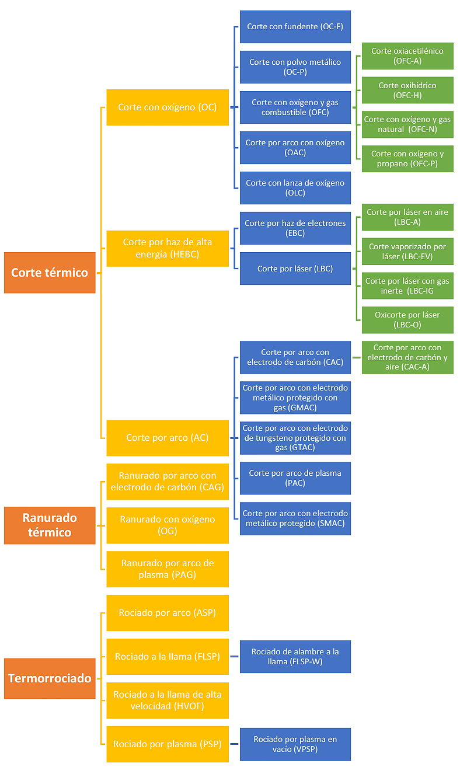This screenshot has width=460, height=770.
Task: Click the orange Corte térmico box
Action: [50, 273]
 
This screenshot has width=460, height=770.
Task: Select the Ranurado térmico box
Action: [50, 525]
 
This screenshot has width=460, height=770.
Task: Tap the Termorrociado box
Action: [50, 678]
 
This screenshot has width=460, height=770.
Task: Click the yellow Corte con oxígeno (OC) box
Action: [168, 107]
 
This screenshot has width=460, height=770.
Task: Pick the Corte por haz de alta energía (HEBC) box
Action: [168, 248]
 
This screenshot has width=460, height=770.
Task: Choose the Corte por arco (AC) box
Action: [168, 438]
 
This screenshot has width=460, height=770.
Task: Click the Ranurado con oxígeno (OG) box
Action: [168, 525]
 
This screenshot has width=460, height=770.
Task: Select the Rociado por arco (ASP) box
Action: [168, 612]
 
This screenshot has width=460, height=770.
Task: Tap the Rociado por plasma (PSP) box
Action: [168, 744]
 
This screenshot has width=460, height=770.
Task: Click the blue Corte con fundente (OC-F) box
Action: [295, 26]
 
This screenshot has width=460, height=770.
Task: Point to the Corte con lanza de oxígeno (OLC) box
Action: [295, 188]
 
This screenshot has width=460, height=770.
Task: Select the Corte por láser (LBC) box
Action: [295, 269]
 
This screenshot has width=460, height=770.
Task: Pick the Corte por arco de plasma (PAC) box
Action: [295, 478]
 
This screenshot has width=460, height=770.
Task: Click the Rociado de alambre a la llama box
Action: [295, 656]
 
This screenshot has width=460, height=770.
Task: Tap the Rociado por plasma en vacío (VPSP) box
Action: [295, 744]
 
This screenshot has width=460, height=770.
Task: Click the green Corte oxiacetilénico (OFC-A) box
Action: [407, 55]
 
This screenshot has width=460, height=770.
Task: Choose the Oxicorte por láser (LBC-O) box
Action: [407, 320]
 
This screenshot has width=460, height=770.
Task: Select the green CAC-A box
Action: [407, 357]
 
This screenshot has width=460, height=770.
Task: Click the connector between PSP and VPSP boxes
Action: [234, 744]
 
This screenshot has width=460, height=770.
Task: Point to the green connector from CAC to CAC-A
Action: [357, 357]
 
